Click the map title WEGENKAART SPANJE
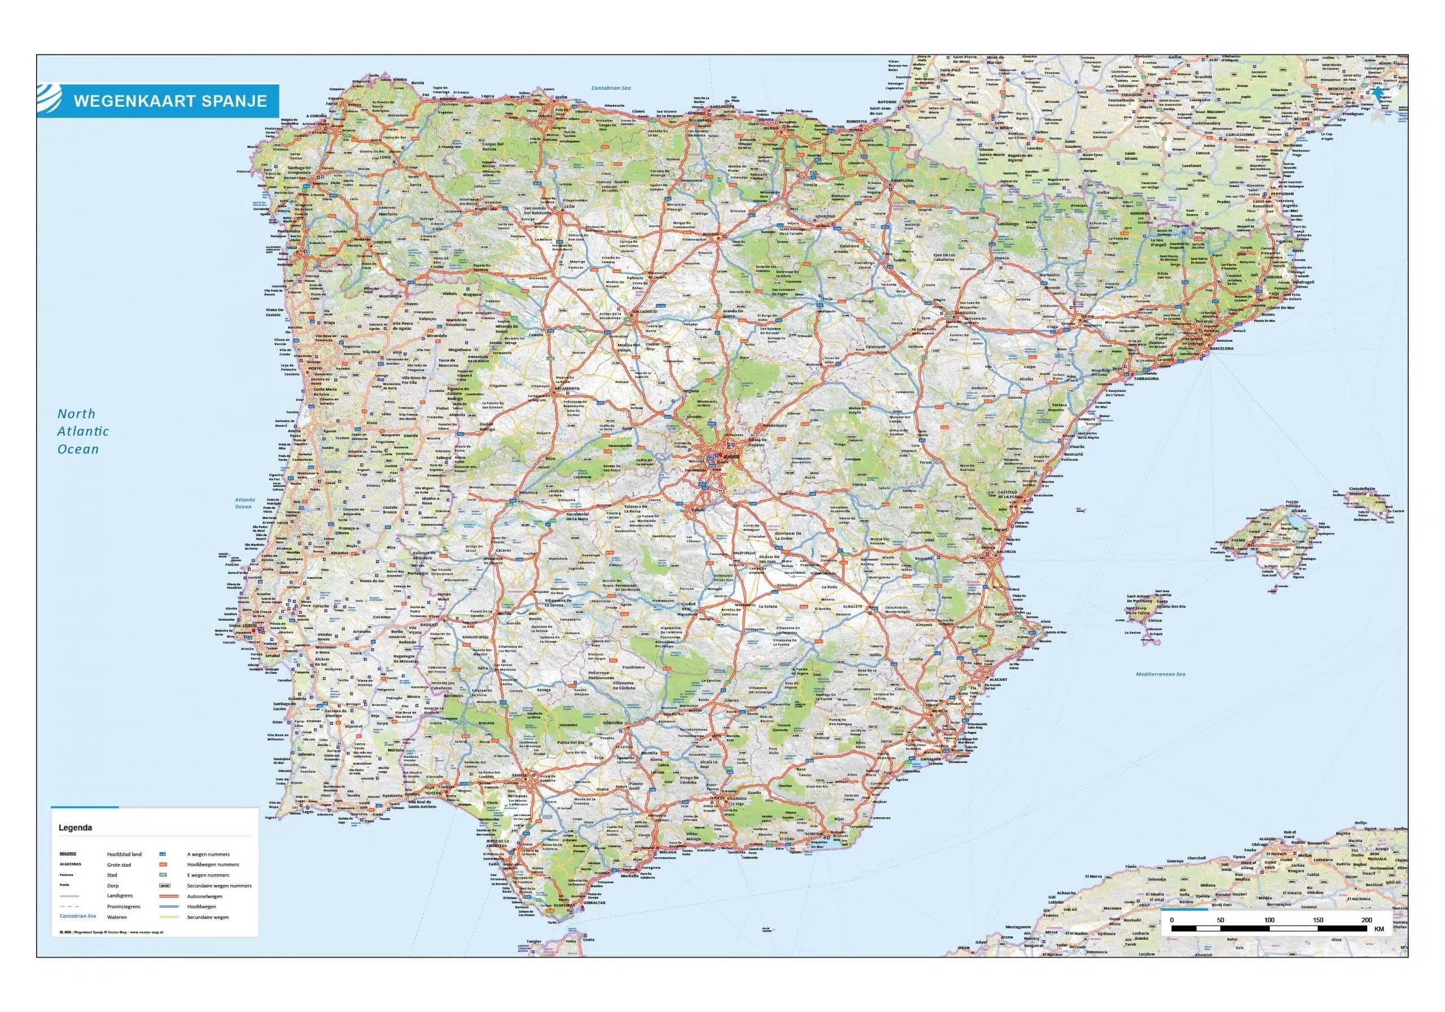coord(170,101)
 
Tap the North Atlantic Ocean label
coord(82,431)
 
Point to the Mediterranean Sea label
coord(1160,674)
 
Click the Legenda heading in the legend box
coord(75,827)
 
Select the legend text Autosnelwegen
coord(204,896)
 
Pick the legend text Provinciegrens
coord(124,907)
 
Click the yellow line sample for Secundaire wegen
coord(169,917)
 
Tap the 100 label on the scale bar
coord(1269,920)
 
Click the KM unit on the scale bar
coord(1379,929)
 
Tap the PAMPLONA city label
coord(901,181)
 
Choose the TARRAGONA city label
coord(1146,378)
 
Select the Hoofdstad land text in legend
coord(124,854)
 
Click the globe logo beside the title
coord(50,99)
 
